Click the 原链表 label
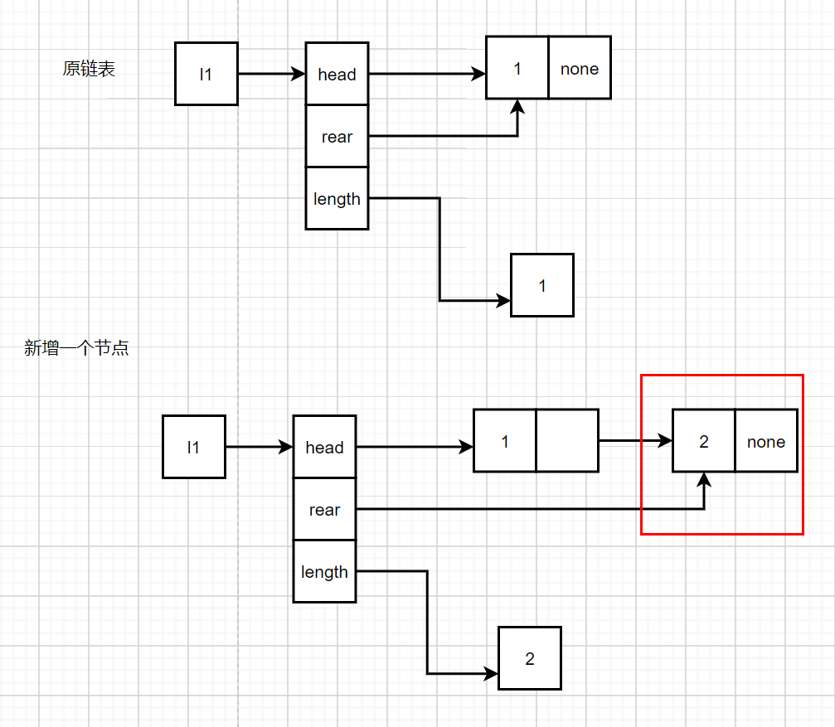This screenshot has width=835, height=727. (x=89, y=69)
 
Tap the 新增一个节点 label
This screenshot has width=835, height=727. (x=76, y=347)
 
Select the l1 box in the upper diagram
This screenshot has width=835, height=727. (x=206, y=74)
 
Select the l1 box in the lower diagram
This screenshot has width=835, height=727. (x=194, y=447)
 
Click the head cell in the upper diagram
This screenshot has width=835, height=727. (x=337, y=74)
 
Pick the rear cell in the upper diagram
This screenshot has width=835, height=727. (x=337, y=136)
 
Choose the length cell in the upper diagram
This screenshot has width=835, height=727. (x=337, y=198)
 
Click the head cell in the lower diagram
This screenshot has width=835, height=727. (x=325, y=447)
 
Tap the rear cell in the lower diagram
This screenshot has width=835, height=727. (x=325, y=509)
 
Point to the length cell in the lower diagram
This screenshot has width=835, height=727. (x=325, y=572)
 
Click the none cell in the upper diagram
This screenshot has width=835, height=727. (x=580, y=68)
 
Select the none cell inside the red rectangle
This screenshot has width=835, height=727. (x=766, y=441)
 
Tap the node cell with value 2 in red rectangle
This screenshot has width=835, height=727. (x=704, y=441)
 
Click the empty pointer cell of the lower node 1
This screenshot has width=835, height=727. (x=568, y=441)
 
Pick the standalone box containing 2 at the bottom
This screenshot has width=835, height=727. (x=530, y=658)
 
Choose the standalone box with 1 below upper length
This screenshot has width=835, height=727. (x=542, y=285)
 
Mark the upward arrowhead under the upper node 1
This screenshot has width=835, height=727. (x=517, y=106)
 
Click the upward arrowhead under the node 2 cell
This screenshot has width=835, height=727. (x=704, y=479)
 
